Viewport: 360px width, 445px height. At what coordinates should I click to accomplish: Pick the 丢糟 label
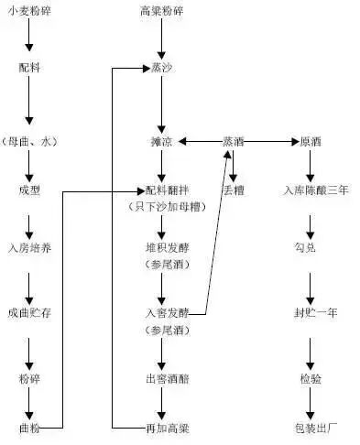click(x=234, y=190)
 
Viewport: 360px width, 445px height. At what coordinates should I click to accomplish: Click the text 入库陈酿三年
click(x=311, y=190)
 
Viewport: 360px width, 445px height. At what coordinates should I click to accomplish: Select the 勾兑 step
click(x=311, y=248)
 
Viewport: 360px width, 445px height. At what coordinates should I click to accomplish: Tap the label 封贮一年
click(x=311, y=312)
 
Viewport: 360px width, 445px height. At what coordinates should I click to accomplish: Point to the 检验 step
click(x=311, y=376)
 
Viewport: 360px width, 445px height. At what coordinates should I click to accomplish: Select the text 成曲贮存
click(x=28, y=312)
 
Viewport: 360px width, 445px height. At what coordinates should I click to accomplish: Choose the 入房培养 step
click(x=28, y=248)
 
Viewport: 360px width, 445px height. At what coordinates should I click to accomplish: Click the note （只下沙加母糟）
click(x=161, y=208)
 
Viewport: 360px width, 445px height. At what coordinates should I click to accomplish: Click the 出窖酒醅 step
click(x=161, y=376)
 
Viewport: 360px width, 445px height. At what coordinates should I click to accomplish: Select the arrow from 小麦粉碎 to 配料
click(x=28, y=37)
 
